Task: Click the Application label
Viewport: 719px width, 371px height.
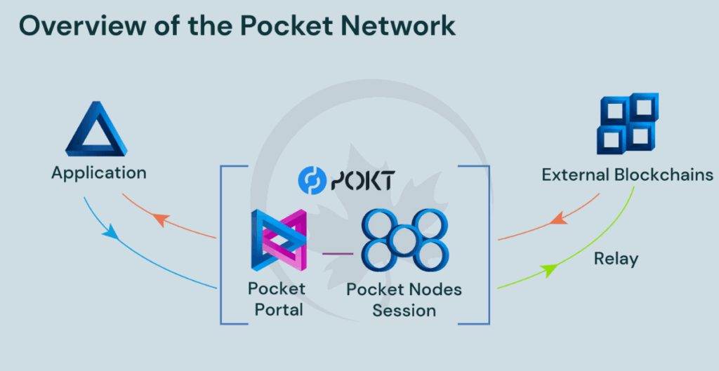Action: pyautogui.click(x=98, y=173)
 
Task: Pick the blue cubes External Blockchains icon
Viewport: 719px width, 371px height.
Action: pyautogui.click(x=627, y=123)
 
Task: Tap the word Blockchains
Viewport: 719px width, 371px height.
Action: pyautogui.click(x=664, y=175)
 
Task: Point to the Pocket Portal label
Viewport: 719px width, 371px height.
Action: pyautogui.click(x=276, y=299)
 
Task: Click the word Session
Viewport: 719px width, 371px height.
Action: pyautogui.click(x=404, y=309)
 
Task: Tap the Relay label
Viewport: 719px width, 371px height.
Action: pyautogui.click(x=616, y=259)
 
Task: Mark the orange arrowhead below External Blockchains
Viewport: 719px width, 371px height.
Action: pyautogui.click(x=558, y=220)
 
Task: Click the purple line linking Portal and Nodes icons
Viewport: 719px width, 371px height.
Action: pyautogui.click(x=337, y=251)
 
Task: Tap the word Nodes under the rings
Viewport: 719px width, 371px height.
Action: pyautogui.click(x=436, y=289)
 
